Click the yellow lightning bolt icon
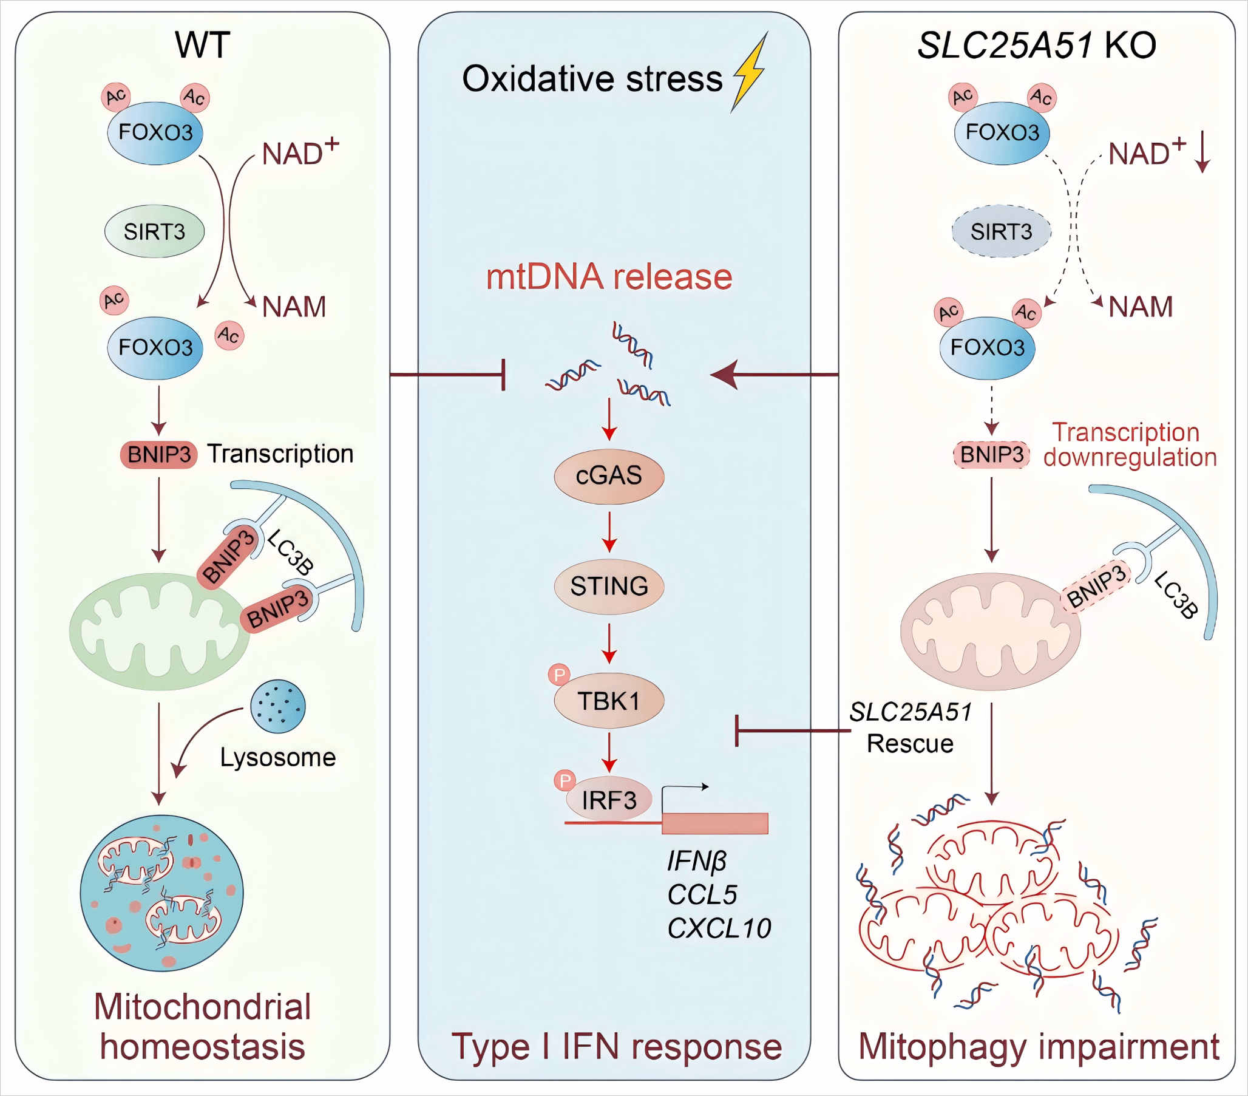[x=750, y=73]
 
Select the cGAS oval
[x=609, y=476]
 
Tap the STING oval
[x=609, y=587]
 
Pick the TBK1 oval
[x=609, y=701]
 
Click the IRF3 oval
[x=609, y=800]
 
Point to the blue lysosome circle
[x=278, y=706]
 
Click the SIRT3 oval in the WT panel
[x=154, y=231]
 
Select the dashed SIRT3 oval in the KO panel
[x=1002, y=231]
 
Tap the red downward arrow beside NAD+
[x=1202, y=152]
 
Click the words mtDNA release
[x=609, y=277]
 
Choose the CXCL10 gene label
[x=719, y=928]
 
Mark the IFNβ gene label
[x=697, y=862]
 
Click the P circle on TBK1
[x=558, y=675]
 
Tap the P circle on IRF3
[x=565, y=781]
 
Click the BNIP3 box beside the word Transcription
[x=159, y=455]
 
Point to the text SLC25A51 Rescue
[x=910, y=727]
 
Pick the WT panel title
[x=202, y=44]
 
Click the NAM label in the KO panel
[x=1141, y=307]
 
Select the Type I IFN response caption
[x=616, y=1047]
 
